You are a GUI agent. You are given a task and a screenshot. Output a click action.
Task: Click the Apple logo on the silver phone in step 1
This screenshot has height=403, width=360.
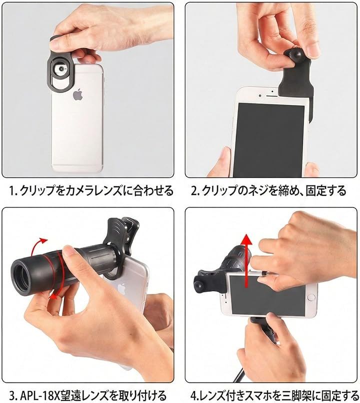click(x=78, y=95)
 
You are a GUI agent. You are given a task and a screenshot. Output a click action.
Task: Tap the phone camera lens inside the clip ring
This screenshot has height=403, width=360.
click(x=61, y=69)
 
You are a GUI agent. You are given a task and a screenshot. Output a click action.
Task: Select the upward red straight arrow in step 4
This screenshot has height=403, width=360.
click(x=247, y=260)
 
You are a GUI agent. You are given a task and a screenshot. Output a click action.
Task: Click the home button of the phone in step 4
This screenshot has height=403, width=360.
click(x=311, y=297)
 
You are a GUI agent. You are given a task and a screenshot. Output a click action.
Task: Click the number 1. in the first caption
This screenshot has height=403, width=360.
click(x=13, y=190)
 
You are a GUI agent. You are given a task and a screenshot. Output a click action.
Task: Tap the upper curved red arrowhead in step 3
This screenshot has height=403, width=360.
click(x=43, y=241)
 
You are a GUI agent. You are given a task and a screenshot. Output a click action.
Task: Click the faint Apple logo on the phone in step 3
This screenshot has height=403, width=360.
click(x=121, y=289)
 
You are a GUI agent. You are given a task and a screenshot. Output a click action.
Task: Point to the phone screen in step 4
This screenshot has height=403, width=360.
click(x=266, y=294)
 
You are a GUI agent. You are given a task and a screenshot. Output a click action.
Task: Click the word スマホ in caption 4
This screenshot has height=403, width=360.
click(x=265, y=395)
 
